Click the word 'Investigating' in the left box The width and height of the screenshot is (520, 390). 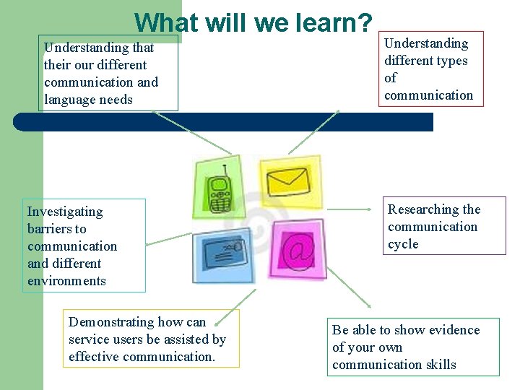click(x=65, y=212)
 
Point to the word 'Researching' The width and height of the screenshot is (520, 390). click(x=424, y=209)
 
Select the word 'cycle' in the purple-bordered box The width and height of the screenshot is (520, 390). click(x=403, y=244)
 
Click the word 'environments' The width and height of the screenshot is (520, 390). click(x=66, y=281)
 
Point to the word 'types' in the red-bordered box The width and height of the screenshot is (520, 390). click(x=451, y=61)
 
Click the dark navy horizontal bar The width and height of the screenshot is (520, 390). click(x=224, y=121)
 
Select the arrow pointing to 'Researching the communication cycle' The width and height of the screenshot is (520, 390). click(x=354, y=209)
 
